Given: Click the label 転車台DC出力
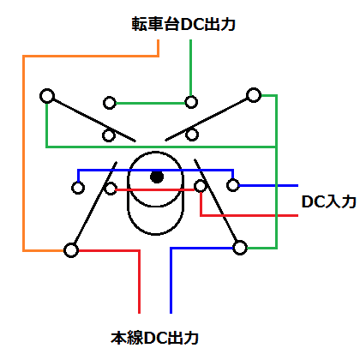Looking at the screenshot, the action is coord(183,24).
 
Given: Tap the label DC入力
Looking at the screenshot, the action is coord(328,201).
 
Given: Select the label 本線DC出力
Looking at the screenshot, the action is coord(154,338).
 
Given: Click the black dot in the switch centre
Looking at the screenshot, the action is coord(157,177).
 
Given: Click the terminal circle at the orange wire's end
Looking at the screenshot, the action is coord(71,250).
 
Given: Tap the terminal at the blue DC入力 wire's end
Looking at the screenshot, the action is coord(233,185).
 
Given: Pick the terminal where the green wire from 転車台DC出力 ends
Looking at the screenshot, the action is coord(191,102).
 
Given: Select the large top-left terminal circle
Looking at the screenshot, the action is coord(47,96).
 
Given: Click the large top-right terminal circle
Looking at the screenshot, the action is coord(254,95).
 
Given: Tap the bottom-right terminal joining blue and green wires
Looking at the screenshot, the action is coord(240,248).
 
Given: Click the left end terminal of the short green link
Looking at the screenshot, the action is coord(110,103).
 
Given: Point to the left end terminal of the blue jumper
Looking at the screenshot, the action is coord(78,188).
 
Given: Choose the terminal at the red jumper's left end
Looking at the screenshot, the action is coord(111,189).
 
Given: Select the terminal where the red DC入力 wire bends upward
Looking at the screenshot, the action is coord(200,186).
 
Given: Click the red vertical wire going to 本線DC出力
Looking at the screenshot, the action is coord(140,282).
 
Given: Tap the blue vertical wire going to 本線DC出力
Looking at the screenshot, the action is coord(171,280).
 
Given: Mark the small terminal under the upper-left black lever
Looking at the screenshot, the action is coord(109,135).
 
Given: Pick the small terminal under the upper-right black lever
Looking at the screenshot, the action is coord(192,135).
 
